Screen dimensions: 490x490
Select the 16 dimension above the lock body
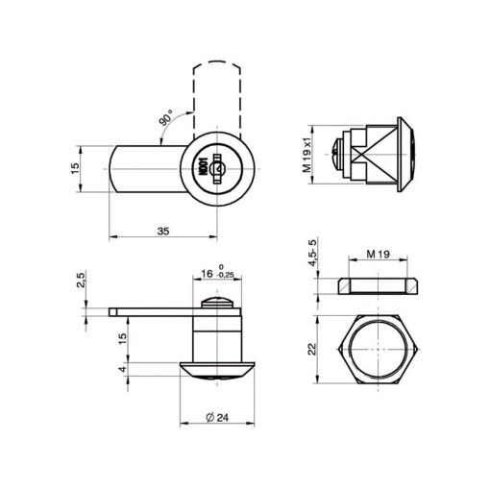click(x=207, y=275)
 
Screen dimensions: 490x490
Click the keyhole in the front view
click(x=220, y=169)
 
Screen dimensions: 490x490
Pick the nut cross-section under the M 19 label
click(x=380, y=286)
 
